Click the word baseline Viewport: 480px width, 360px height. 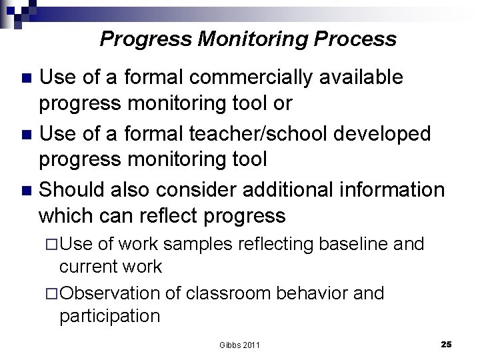pos(354,244)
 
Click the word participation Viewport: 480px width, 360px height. pos(109,316)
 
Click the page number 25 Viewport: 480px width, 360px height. pos(446,344)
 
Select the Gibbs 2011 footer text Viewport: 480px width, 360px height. pos(239,345)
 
